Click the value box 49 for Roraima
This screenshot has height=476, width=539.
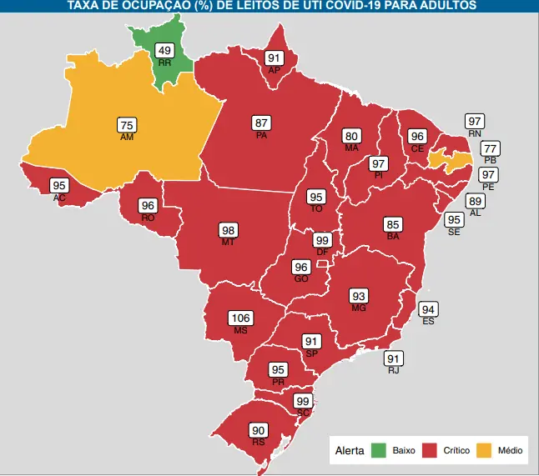click(x=165, y=51)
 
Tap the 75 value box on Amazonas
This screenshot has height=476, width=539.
click(x=127, y=126)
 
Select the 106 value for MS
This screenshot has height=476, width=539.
click(x=240, y=318)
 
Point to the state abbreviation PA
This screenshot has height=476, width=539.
click(x=261, y=135)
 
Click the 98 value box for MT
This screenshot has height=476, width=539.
click(x=228, y=230)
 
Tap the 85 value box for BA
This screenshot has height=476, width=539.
click(x=393, y=224)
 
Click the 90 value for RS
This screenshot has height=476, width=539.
click(x=259, y=431)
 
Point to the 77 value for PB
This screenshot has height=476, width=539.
click(x=491, y=148)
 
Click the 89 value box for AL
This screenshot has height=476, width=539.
click(x=476, y=202)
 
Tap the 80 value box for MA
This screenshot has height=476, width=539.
click(x=351, y=136)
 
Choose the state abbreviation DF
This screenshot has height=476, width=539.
click(x=322, y=252)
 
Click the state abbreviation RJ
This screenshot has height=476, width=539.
click(x=393, y=369)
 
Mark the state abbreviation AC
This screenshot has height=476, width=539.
click(x=59, y=198)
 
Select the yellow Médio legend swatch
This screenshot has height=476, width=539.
click(x=485, y=451)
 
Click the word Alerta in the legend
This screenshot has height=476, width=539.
click(x=349, y=451)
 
